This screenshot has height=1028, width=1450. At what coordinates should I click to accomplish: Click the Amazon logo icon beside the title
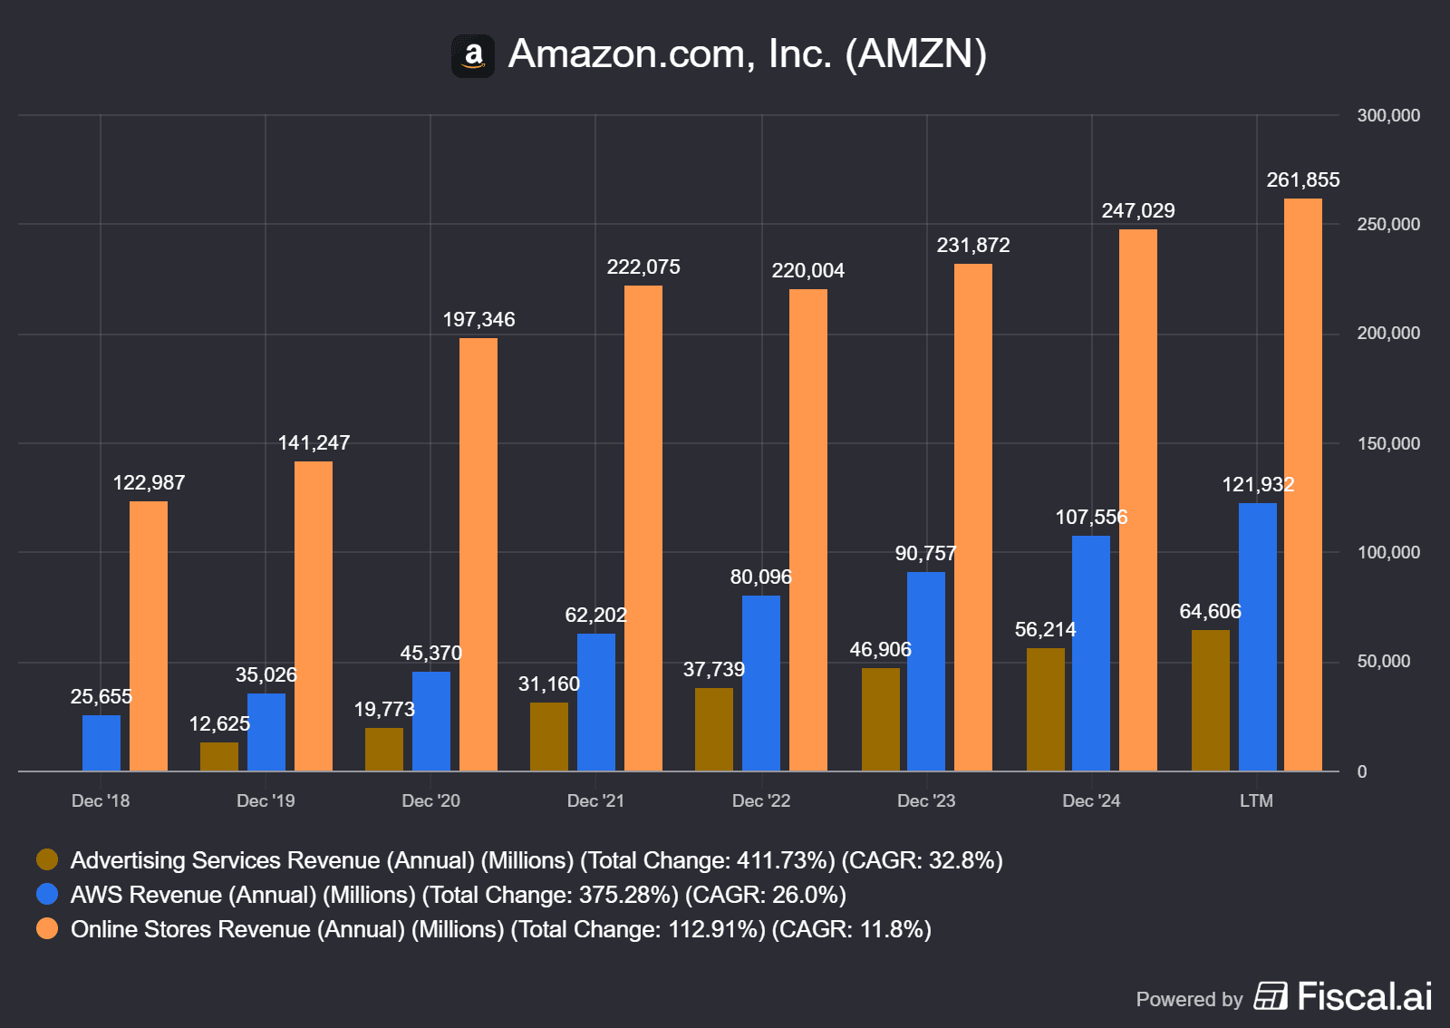(x=473, y=56)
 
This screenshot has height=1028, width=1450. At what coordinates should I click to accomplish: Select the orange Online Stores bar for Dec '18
(x=149, y=635)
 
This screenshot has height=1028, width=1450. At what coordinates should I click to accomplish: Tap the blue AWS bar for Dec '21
(x=596, y=702)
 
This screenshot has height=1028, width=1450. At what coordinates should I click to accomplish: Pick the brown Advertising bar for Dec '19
(x=219, y=757)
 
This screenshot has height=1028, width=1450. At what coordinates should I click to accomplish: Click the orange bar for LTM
(x=1303, y=485)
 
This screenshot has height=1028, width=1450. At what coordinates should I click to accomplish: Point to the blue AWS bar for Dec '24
(x=1091, y=653)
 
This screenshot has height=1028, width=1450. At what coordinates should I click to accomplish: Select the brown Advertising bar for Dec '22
(x=714, y=729)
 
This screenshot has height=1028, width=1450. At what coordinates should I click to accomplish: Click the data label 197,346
(x=478, y=320)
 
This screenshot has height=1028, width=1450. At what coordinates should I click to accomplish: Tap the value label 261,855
(x=1303, y=180)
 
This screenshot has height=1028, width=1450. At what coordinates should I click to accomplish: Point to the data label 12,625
(x=219, y=724)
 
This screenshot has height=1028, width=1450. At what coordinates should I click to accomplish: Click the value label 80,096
(x=761, y=577)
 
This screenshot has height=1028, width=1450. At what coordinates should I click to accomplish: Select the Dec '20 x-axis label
(x=430, y=801)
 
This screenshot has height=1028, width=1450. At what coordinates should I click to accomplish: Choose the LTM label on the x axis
(x=1256, y=801)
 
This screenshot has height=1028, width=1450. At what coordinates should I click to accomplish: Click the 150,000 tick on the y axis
(x=1388, y=443)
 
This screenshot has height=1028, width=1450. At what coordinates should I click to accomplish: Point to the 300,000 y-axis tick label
(x=1388, y=116)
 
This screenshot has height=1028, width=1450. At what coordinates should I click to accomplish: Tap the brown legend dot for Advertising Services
(x=47, y=859)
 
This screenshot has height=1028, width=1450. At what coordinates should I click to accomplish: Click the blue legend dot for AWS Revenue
(x=47, y=894)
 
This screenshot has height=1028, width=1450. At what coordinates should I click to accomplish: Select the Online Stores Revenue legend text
(x=500, y=929)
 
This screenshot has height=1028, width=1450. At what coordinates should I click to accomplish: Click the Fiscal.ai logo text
(x=1364, y=997)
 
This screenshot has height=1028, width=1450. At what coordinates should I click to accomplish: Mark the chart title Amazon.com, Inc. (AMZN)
(x=747, y=54)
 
